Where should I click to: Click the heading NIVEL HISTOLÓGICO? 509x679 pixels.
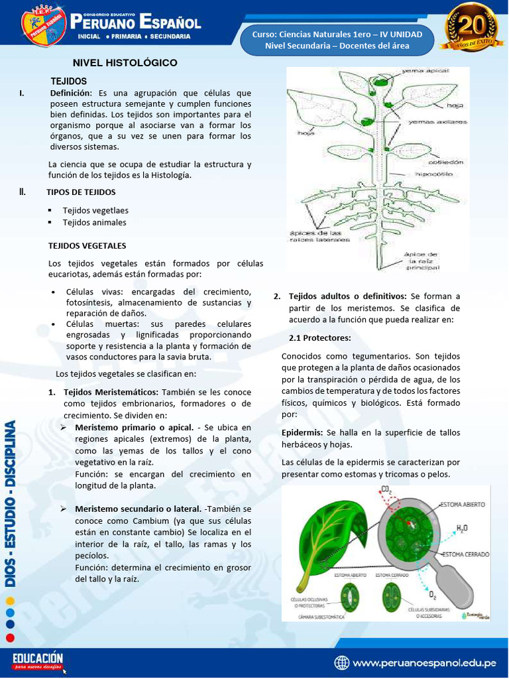(125, 63)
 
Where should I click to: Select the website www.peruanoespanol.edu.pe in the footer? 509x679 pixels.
(425, 662)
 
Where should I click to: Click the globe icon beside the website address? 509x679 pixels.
(342, 662)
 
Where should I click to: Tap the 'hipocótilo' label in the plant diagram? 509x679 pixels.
(434, 174)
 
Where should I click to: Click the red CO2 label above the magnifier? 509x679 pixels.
(386, 490)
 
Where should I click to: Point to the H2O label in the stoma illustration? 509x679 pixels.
(461, 528)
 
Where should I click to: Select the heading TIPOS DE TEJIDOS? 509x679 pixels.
(81, 192)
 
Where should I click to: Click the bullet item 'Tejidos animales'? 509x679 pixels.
(94, 223)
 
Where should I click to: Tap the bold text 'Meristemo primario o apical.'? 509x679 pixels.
(134, 427)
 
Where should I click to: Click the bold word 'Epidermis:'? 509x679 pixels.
(302, 432)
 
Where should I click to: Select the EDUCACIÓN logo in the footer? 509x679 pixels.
(38, 660)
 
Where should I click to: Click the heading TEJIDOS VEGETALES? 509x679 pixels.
(87, 245)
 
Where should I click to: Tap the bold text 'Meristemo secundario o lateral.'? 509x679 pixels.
(139, 509)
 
